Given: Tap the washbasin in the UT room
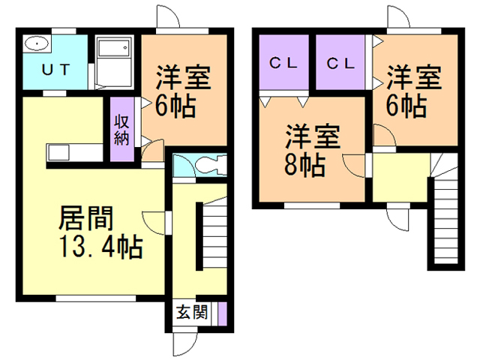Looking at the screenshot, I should [35, 44].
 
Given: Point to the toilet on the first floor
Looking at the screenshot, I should [205, 165].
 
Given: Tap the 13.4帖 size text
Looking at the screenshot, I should [97, 248].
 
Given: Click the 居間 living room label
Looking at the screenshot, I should [87, 220].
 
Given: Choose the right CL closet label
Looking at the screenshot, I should [340, 64].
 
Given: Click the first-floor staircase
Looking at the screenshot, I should [213, 235].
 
